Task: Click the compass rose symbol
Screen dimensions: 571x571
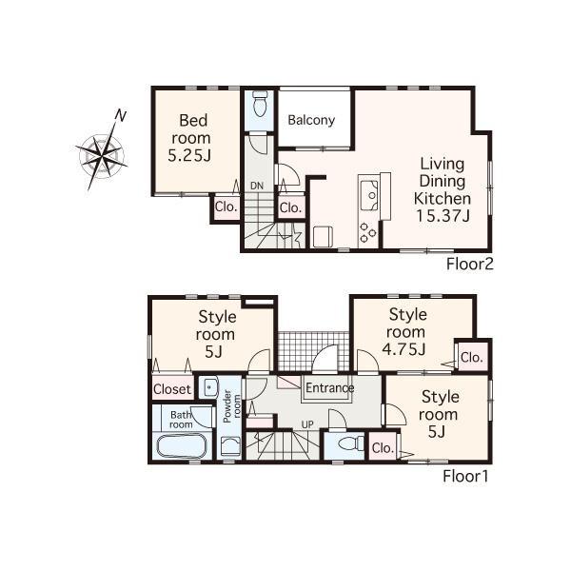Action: click(x=99, y=152)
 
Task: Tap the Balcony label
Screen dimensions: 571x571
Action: click(x=311, y=121)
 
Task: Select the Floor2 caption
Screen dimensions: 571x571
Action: click(x=469, y=264)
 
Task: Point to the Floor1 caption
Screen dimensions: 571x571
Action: click(x=465, y=476)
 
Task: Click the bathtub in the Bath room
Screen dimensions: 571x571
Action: click(x=181, y=446)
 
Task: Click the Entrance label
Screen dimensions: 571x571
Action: click(x=329, y=388)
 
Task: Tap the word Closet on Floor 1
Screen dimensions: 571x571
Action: click(x=172, y=389)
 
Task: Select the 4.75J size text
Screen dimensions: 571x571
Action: click(x=404, y=349)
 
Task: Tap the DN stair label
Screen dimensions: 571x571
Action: click(x=257, y=185)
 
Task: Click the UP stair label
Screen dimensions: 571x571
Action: click(x=307, y=423)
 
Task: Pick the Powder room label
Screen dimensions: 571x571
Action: click(x=228, y=406)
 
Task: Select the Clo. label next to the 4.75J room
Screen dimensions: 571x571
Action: click(x=471, y=358)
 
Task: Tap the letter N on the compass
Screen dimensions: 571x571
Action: click(x=120, y=116)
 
